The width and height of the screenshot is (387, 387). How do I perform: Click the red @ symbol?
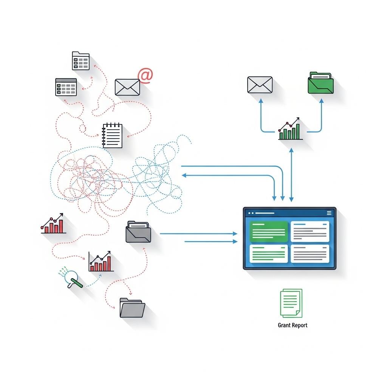click(145, 75)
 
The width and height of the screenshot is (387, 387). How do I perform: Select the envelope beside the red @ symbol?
click(127, 87)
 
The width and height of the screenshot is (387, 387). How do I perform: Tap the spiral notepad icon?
click(112, 135)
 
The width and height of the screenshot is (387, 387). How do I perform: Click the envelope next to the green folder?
click(260, 85)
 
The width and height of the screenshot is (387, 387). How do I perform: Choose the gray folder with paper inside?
click(138, 232)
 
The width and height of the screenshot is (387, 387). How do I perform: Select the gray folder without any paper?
click(132, 308)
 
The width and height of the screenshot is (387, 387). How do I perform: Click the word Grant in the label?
click(284, 325)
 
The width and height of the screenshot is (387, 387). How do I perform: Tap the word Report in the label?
click(300, 325)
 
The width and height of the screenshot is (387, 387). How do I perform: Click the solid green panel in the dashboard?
click(269, 231)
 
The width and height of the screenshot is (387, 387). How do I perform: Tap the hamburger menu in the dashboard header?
click(329, 213)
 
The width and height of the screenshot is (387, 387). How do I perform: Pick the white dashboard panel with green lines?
click(269, 254)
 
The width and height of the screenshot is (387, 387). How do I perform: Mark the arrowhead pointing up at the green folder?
click(322, 101)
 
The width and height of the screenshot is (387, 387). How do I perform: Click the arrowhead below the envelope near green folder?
click(260, 101)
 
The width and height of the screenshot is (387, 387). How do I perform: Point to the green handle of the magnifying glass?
click(77, 283)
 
